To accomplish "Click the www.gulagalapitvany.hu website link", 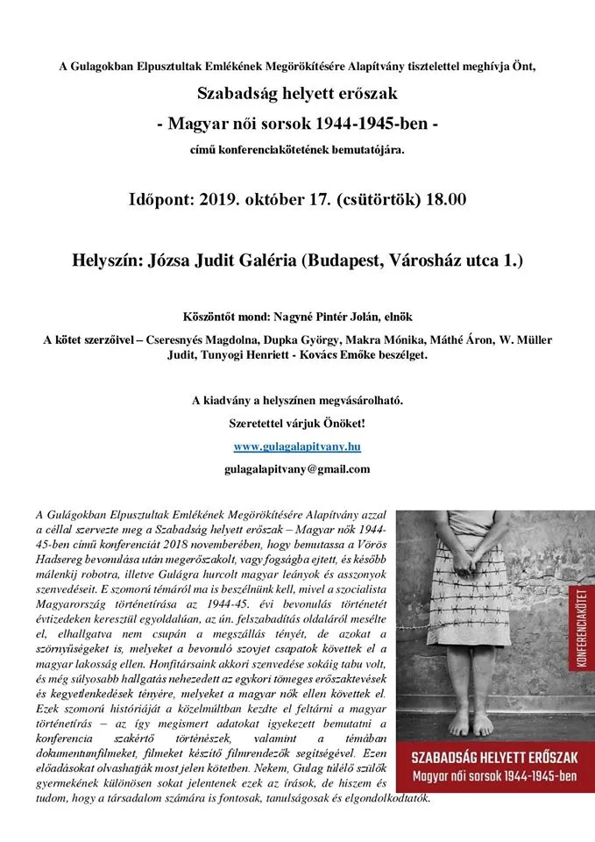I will [x=297, y=446].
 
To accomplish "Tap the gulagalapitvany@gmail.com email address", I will [x=297, y=469].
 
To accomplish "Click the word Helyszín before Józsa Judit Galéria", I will [x=112, y=260].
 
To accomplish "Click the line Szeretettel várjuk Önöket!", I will [x=297, y=424].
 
